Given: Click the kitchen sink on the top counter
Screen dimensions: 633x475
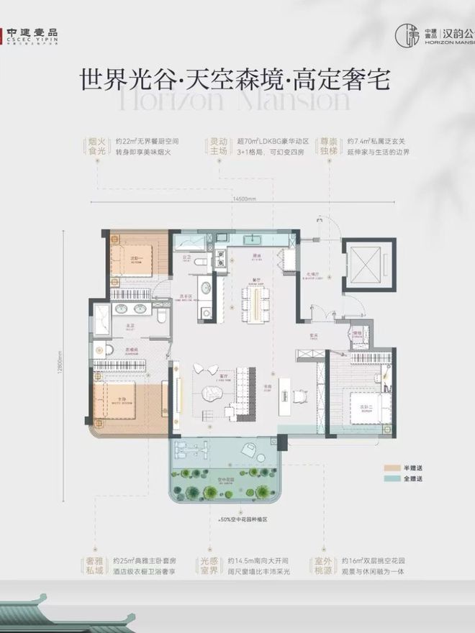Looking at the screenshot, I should [253, 237].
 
